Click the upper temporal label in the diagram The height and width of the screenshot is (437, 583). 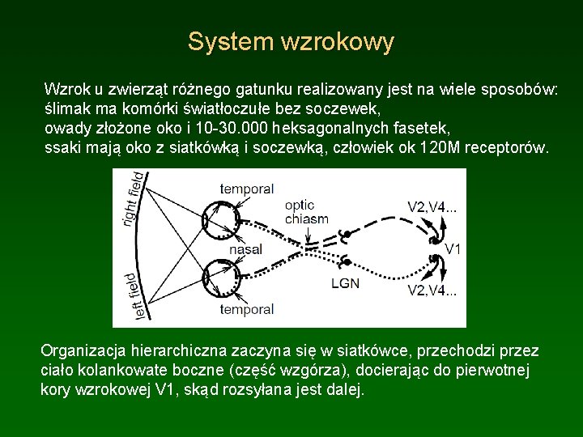(x=246, y=189)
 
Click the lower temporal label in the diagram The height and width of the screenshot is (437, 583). (x=246, y=309)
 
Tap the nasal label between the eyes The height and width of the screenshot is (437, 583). (x=245, y=250)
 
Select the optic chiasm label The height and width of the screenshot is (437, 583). (x=307, y=212)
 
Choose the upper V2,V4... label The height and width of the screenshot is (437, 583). (x=432, y=206)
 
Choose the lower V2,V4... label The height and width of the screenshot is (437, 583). (x=432, y=291)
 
